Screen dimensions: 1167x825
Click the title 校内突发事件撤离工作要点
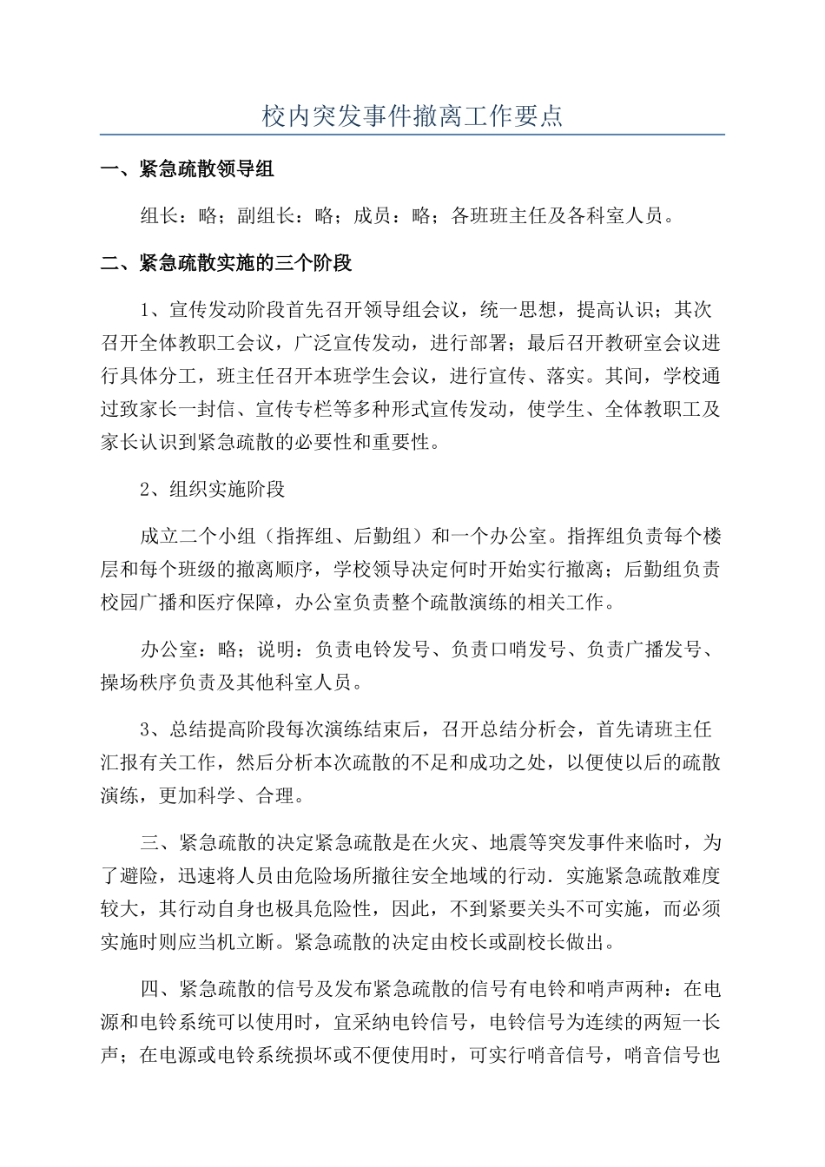coord(412,115)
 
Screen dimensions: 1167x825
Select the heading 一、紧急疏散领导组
coord(188,169)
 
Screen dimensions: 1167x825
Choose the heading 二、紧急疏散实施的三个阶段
coord(226,263)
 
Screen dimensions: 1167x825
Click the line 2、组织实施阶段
coord(213,489)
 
